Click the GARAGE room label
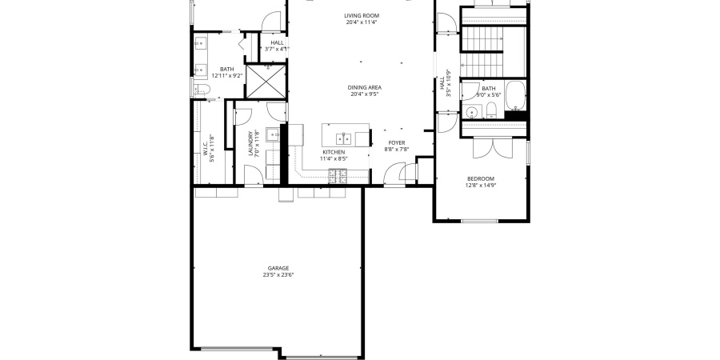click(x=278, y=268)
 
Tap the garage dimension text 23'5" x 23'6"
click(x=278, y=275)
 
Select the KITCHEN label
click(x=334, y=152)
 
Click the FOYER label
click(x=398, y=142)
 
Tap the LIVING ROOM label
click(x=362, y=16)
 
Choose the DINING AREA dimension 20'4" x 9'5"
click(x=364, y=94)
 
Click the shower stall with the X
click(x=265, y=82)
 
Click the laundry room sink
click(x=273, y=134)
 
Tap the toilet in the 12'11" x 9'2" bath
click(x=200, y=90)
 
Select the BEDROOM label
click(x=481, y=178)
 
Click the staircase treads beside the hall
click(x=482, y=50)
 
